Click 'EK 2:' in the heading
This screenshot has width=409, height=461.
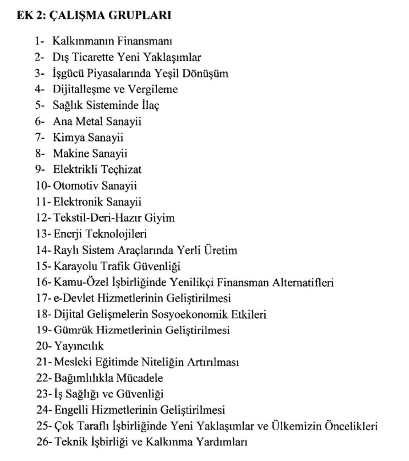(x=30, y=15)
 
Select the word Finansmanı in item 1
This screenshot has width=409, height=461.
(x=145, y=41)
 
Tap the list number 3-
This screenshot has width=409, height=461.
(x=39, y=73)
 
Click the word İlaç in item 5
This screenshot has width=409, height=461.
(x=150, y=105)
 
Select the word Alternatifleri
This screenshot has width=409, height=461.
(x=302, y=282)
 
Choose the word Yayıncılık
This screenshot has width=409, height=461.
(x=79, y=346)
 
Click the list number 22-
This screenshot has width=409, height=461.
(x=44, y=378)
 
